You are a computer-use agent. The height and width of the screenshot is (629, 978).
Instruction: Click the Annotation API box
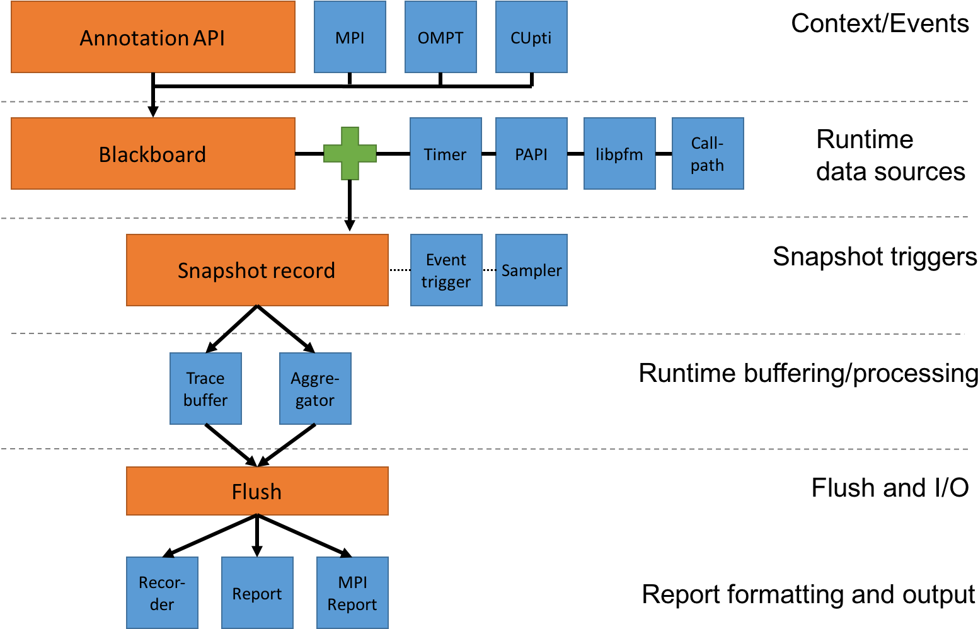(153, 37)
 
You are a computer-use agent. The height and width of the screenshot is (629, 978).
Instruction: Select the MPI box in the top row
(350, 37)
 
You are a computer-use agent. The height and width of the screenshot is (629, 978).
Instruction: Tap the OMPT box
(440, 37)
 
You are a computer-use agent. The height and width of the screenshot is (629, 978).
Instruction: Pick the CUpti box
(531, 37)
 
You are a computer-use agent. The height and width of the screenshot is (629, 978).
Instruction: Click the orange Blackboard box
(153, 154)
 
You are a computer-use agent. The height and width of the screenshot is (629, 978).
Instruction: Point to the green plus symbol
(350, 154)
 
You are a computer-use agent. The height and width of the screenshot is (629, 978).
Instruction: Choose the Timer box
(446, 154)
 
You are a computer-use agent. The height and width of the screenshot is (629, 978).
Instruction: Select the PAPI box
(531, 154)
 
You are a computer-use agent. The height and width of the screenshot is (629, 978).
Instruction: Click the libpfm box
(619, 154)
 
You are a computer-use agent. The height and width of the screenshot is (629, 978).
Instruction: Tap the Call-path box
(708, 154)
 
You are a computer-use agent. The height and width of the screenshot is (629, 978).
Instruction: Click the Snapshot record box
(257, 270)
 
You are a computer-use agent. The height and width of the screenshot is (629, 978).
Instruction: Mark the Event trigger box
(446, 270)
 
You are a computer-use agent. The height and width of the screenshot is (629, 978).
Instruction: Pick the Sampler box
(531, 270)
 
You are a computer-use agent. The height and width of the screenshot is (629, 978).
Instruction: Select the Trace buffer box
(205, 389)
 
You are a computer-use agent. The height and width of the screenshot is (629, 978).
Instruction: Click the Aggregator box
(315, 389)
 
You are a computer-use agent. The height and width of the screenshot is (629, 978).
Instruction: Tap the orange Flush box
(257, 491)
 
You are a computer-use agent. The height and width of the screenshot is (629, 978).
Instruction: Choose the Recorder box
(162, 592)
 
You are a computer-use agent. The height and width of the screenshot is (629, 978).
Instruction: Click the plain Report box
(257, 592)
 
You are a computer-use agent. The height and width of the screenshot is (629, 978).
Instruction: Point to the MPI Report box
(352, 592)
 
